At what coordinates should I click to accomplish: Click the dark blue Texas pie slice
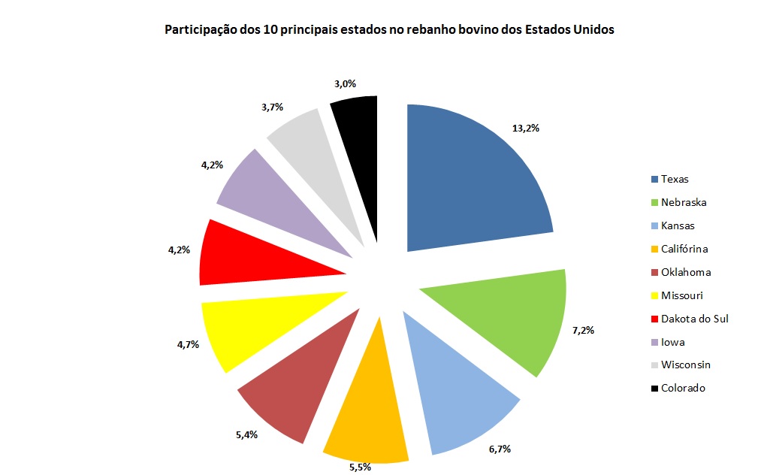click(473, 180)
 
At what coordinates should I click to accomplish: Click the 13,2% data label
click(526, 128)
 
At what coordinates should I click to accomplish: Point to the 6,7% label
click(500, 449)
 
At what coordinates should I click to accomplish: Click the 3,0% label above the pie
click(346, 84)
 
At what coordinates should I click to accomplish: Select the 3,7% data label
click(272, 107)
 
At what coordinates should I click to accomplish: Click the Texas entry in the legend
click(674, 179)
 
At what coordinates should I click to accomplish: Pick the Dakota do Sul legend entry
click(694, 319)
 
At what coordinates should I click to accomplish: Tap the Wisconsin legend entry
click(685, 365)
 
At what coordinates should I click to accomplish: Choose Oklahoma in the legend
click(685, 272)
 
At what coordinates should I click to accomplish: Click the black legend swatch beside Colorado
click(655, 389)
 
